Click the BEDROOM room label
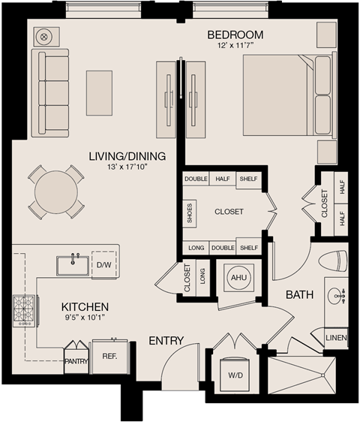(x=235, y=35)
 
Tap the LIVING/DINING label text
(x=127, y=156)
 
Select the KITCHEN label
(x=85, y=307)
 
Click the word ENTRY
(x=166, y=341)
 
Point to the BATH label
(x=298, y=295)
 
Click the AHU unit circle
(x=238, y=277)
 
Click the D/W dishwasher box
(x=103, y=264)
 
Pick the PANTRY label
(x=76, y=361)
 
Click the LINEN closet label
(x=336, y=339)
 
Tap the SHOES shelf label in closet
(x=189, y=212)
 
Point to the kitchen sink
(x=73, y=265)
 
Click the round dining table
(x=55, y=192)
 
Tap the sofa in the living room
(x=49, y=92)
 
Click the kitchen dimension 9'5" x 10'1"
(x=85, y=318)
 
